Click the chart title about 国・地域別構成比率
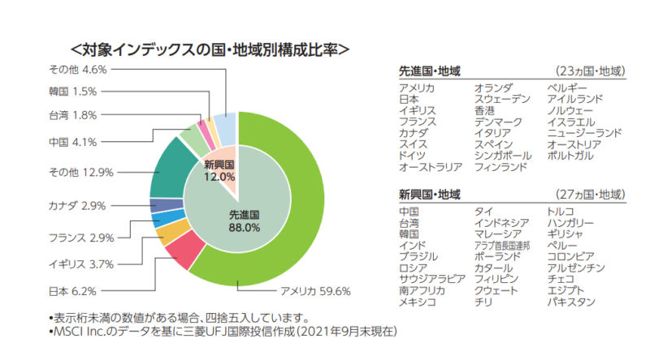coord(210,49)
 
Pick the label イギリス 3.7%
coord(81,264)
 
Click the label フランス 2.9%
coord(81,238)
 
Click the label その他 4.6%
coord(78,69)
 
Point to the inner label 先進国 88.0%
coord(243,221)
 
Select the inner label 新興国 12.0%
coord(219,170)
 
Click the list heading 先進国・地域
coord(430,71)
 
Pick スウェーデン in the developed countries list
coord(502,99)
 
